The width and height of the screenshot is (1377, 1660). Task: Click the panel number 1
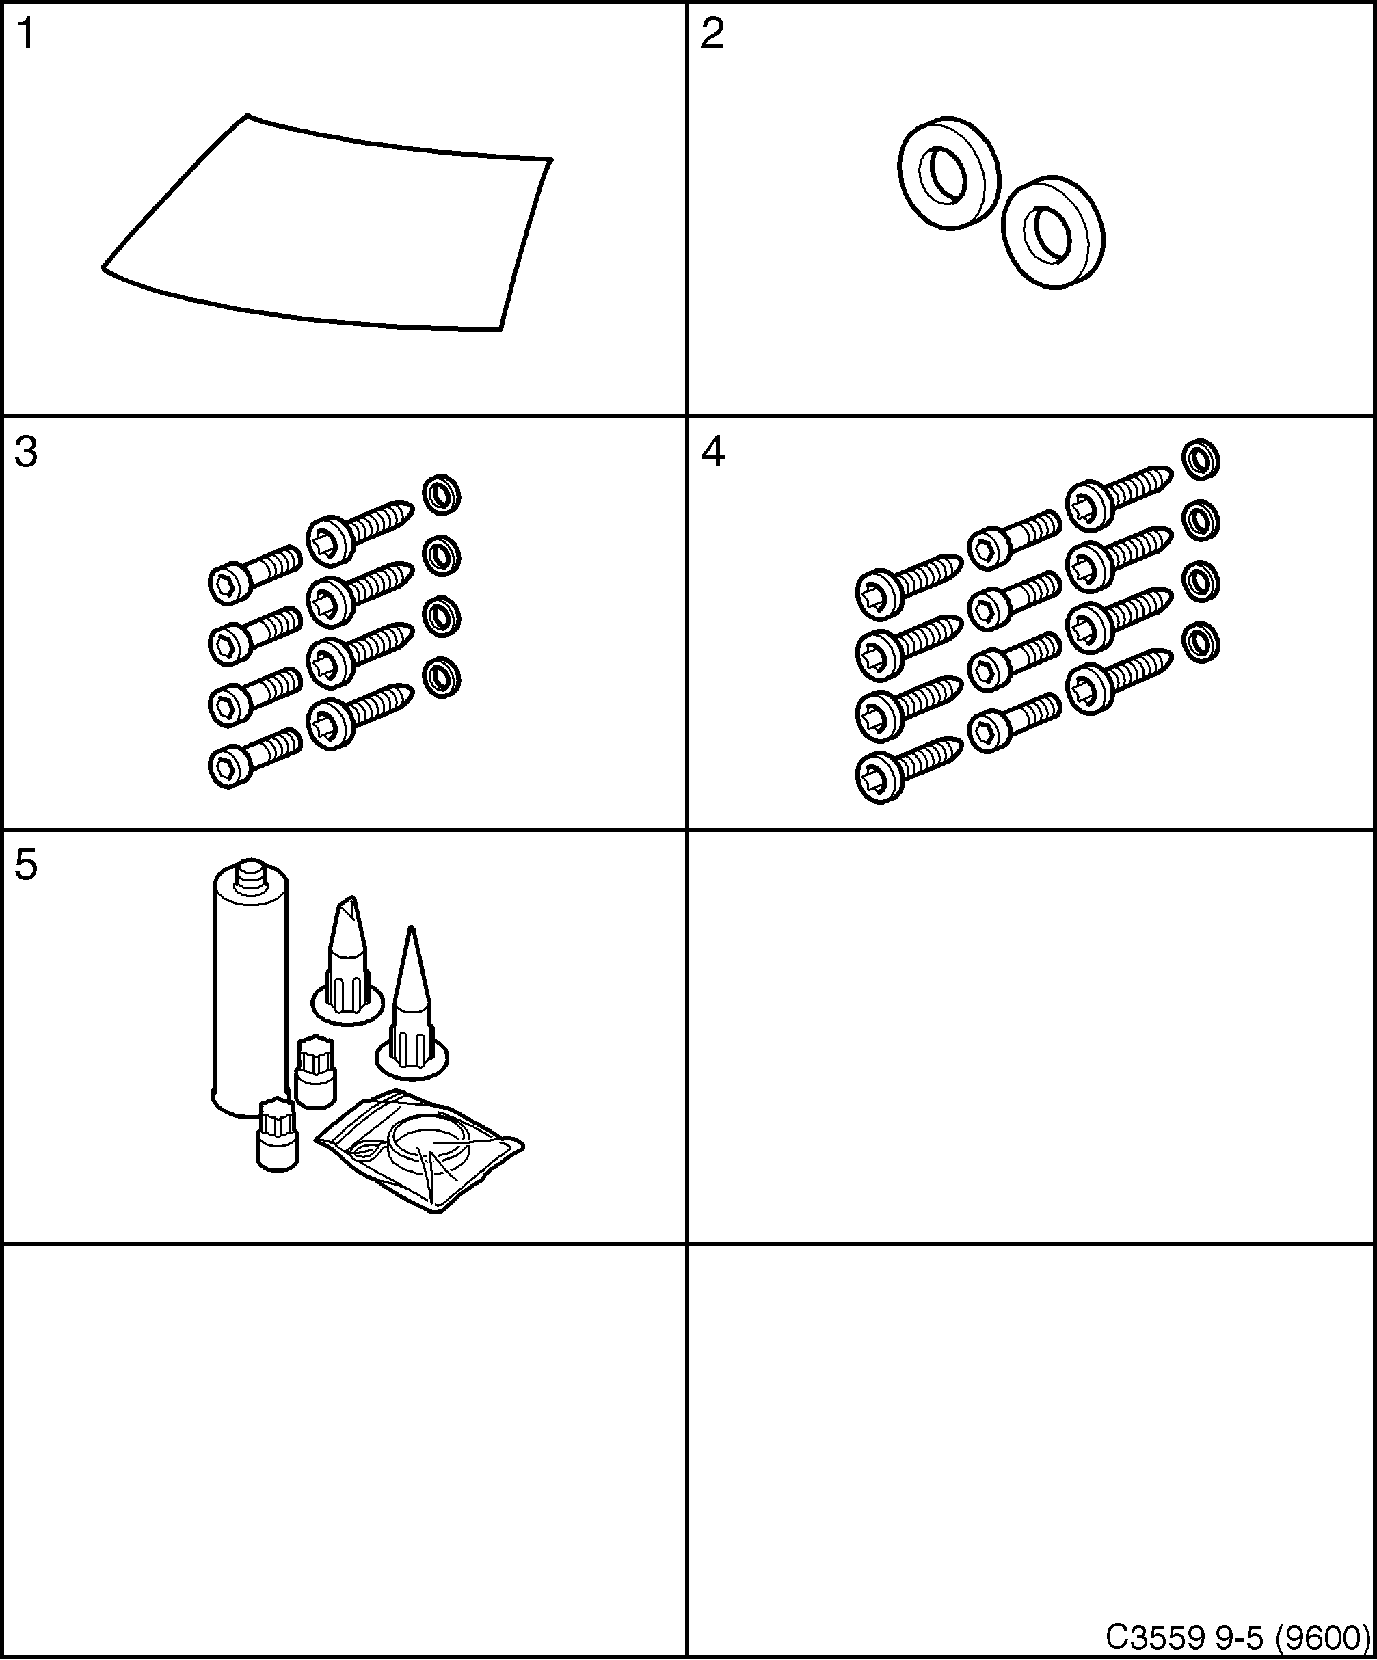(x=25, y=36)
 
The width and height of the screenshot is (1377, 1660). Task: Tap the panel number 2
(x=712, y=36)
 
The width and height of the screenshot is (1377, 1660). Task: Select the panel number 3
(x=26, y=453)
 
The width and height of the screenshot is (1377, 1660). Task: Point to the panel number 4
(x=713, y=453)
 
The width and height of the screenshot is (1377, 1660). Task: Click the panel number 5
(x=26, y=866)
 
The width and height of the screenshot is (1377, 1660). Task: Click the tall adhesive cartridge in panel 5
(x=249, y=996)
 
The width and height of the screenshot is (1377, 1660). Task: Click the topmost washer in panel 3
(x=441, y=495)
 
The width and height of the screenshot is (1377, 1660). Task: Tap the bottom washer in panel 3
(x=441, y=678)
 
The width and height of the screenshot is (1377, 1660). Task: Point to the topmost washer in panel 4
(x=1201, y=459)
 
